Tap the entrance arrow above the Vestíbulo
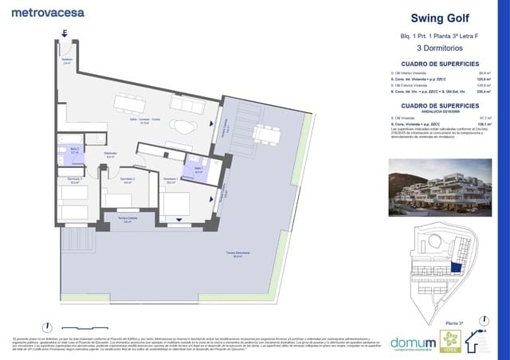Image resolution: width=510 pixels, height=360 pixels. click(x=65, y=33)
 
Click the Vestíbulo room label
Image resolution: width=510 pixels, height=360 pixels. click(x=68, y=61)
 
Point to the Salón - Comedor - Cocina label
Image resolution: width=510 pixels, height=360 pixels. click(x=146, y=122)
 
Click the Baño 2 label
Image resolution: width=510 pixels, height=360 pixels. click(x=73, y=150)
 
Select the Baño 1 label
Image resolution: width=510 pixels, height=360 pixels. click(x=198, y=170)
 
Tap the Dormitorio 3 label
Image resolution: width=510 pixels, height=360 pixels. click(x=75, y=181)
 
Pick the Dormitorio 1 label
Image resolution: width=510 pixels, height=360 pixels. click(x=170, y=181)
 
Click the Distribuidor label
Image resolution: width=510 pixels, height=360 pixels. click(x=111, y=155)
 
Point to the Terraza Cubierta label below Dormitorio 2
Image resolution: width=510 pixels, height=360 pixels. click(x=122, y=221)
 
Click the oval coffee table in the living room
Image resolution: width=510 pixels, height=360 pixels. click(x=184, y=127)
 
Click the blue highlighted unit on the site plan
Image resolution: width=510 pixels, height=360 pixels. click(x=457, y=270)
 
